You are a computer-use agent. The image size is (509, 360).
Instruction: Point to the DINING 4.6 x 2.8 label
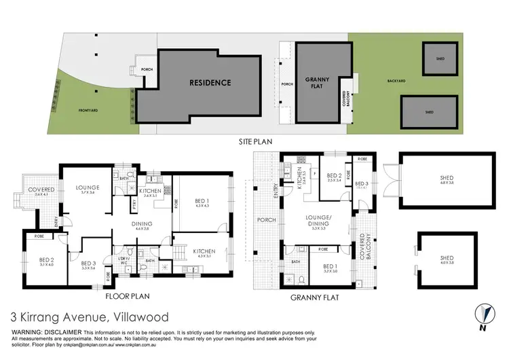143,227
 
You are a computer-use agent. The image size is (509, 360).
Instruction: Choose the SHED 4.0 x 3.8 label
447,260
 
